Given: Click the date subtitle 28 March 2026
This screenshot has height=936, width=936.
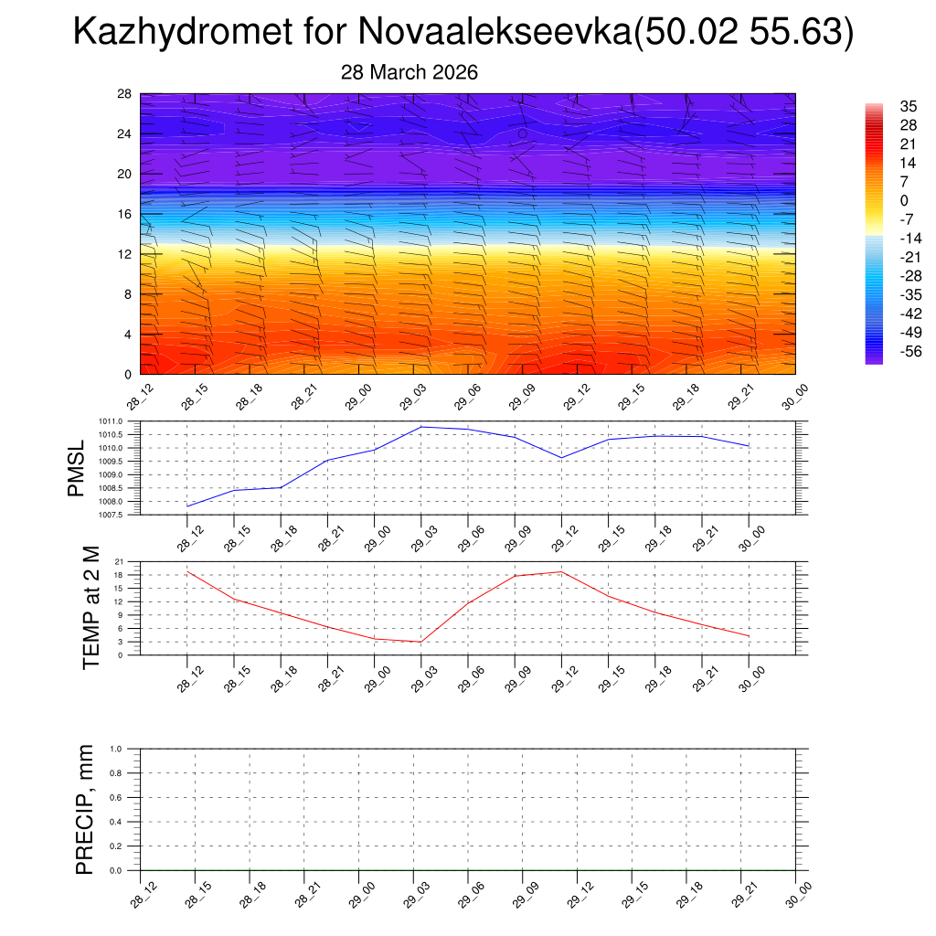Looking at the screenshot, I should [x=409, y=72].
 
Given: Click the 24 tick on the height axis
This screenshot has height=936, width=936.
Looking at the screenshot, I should [x=125, y=133].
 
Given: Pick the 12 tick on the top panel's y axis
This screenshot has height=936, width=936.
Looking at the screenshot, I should [x=125, y=254].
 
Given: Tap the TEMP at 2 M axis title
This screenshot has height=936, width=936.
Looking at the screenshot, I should [x=90, y=607].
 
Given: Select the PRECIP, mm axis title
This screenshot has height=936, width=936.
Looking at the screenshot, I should [x=85, y=809].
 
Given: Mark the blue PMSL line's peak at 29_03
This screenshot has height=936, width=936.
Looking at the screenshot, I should [x=421, y=427].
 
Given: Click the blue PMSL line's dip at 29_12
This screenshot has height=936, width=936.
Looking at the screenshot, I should [x=561, y=458].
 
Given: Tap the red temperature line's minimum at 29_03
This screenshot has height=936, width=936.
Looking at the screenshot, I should [x=420, y=642].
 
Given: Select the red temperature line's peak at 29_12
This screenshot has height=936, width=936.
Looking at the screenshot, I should [x=561, y=571].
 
